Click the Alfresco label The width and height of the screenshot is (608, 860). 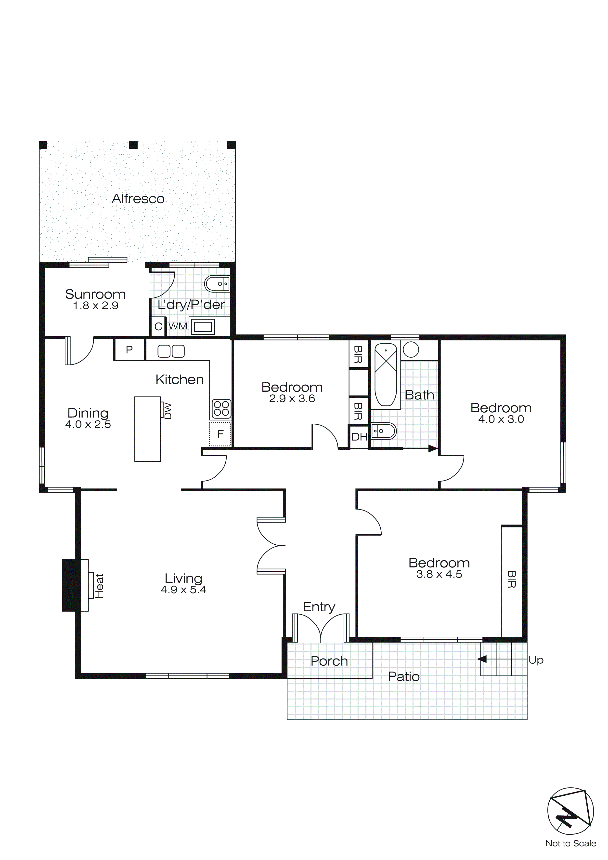[138, 199]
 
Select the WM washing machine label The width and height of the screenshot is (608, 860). [178, 326]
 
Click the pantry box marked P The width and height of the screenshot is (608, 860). [129, 350]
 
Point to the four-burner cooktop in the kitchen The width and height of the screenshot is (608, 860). [221, 408]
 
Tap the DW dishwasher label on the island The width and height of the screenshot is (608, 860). [167, 411]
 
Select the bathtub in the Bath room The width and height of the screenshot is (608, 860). [386, 375]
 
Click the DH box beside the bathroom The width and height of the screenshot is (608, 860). [359, 437]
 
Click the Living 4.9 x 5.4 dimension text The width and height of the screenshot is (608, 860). [183, 590]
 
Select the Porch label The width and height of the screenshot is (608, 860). [329, 661]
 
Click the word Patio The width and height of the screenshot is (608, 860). [404, 676]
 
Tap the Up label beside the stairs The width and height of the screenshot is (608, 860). [536, 660]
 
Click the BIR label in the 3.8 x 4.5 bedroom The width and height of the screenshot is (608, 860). [511, 579]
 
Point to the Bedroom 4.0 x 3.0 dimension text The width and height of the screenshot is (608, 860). [501, 419]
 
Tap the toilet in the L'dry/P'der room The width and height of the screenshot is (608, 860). [217, 284]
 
